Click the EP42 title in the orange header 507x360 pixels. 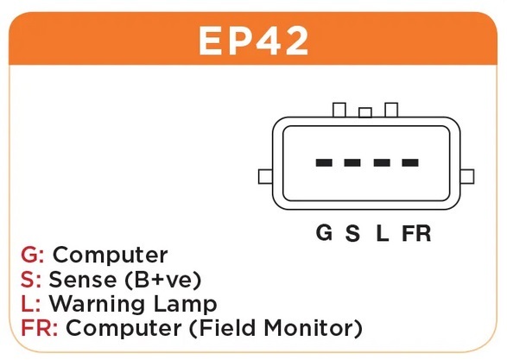(x=253, y=41)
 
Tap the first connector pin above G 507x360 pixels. (x=324, y=162)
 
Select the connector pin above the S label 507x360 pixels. (x=352, y=162)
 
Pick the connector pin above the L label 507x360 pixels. (x=382, y=162)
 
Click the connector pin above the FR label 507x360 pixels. (x=410, y=162)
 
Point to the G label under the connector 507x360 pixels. (x=324, y=232)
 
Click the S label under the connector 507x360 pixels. (x=352, y=233)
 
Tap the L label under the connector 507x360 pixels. (x=382, y=233)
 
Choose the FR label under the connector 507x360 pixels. (x=416, y=233)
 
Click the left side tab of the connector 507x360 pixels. (x=265, y=176)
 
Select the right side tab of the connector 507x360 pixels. (x=467, y=176)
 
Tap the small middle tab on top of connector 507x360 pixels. (x=365, y=113)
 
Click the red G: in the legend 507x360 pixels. (x=32, y=255)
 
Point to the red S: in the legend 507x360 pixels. (x=31, y=279)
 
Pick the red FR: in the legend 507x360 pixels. (x=39, y=328)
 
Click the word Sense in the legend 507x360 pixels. (x=82, y=279)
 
